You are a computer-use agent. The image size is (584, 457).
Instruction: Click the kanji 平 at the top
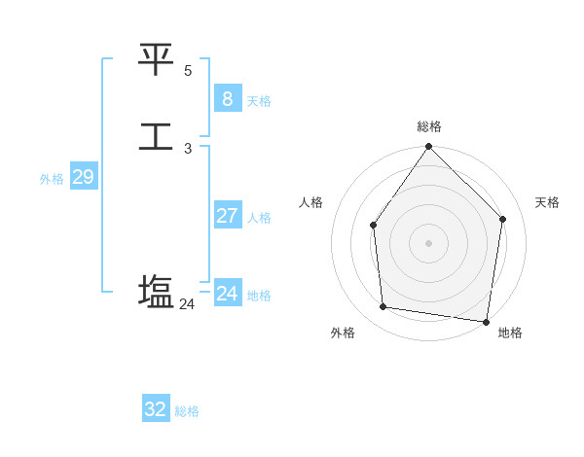[x=156, y=60]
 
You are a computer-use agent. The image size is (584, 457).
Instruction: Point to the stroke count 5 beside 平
[x=188, y=71]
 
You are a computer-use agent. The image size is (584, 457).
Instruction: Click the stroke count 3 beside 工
[x=188, y=149]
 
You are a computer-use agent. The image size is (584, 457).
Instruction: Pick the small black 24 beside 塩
[x=187, y=304]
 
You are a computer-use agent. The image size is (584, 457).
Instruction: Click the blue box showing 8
[x=228, y=99]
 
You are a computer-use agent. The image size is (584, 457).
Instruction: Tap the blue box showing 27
[x=228, y=216]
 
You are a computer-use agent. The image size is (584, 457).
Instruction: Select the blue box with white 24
[x=228, y=293]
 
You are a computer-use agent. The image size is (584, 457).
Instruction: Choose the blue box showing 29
[x=83, y=177]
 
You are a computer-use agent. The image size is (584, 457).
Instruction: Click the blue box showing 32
[x=156, y=409]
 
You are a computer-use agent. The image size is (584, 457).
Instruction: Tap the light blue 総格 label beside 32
[x=187, y=411]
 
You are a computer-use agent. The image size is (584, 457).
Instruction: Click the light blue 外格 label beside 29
[x=52, y=179]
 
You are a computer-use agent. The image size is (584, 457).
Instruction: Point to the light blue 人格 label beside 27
[x=260, y=218]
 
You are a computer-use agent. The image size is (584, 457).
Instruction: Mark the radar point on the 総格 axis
[x=428, y=148]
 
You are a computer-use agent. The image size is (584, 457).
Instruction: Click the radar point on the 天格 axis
[x=503, y=219]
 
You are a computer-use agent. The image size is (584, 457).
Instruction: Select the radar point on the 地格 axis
[x=486, y=321]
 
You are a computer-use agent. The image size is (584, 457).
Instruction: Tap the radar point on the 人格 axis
[x=373, y=226]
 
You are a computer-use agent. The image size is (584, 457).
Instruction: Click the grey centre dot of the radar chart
[x=428, y=243]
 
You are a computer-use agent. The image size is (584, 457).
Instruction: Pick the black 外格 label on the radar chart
[x=343, y=333]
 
